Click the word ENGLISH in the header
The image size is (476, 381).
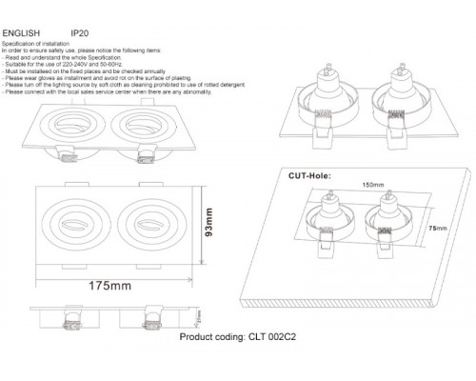pos(21,31)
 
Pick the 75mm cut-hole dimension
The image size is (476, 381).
pos(436,229)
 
